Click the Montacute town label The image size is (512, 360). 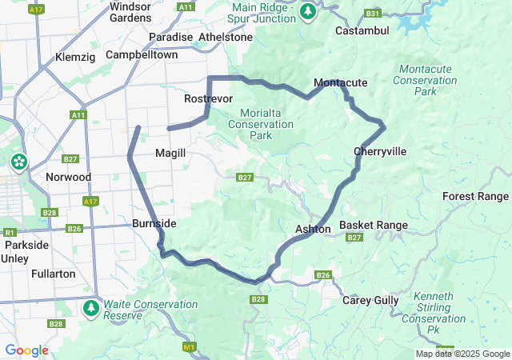pyautogui.click(x=340, y=83)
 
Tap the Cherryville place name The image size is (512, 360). pyautogui.click(x=380, y=151)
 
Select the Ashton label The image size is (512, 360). pyautogui.click(x=313, y=229)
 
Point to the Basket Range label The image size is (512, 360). pyautogui.click(x=374, y=226)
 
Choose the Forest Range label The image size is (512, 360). pyautogui.click(x=475, y=196)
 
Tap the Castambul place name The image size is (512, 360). pyautogui.click(x=362, y=30)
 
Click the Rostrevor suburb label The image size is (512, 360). pyautogui.click(x=208, y=98)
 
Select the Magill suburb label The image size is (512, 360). pyautogui.click(x=170, y=153)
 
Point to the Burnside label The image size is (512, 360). pyautogui.click(x=154, y=223)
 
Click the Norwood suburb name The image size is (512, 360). pyautogui.click(x=68, y=177)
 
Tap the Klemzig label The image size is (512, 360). pyautogui.click(x=75, y=58)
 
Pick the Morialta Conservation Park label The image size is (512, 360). pyautogui.click(x=261, y=124)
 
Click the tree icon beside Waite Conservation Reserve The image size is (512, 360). pyautogui.click(x=92, y=308)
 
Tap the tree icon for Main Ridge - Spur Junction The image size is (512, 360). pyautogui.click(x=308, y=11)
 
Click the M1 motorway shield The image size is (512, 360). pyautogui.click(x=189, y=346)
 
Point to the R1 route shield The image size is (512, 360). pyautogui.click(x=10, y=232)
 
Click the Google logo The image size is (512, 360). pyautogui.click(x=26, y=350)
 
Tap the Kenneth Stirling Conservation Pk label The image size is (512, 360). pyautogui.click(x=434, y=307)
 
